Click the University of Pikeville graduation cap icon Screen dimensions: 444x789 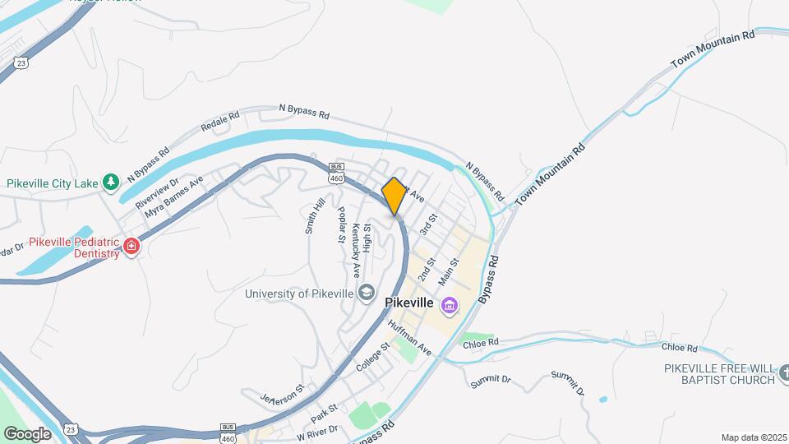click(366, 292)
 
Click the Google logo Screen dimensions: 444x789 click(27, 433)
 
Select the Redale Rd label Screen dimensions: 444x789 click(219, 123)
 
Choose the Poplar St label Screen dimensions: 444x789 click(341, 224)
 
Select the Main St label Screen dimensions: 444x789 click(447, 272)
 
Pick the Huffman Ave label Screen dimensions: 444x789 click(409, 337)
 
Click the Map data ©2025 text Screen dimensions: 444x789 click(753, 437)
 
